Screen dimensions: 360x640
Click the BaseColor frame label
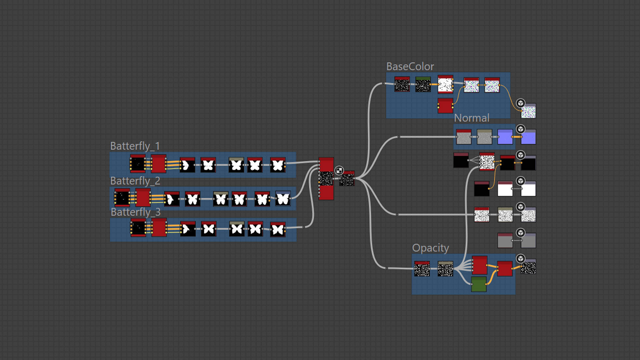pos(410,67)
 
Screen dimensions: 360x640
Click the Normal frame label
pos(471,118)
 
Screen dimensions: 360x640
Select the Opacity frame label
pos(430,248)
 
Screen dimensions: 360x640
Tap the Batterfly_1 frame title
pos(135,146)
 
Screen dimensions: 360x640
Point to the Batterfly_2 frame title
pos(135,181)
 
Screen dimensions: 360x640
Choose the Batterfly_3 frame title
pos(135,212)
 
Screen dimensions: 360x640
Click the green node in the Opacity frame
pos(479,284)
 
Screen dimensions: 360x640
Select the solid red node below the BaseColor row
pos(445,106)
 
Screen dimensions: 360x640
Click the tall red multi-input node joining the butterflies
pos(326,179)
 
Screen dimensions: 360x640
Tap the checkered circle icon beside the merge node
pos(339,171)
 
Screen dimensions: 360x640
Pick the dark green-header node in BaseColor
pos(423,84)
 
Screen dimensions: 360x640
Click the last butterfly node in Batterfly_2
pos(283,199)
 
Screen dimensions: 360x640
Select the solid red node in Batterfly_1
pos(159,164)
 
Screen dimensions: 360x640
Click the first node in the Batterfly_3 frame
pos(138,228)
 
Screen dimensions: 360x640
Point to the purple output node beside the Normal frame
pos(528,137)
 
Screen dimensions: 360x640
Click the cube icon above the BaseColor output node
pos(521,103)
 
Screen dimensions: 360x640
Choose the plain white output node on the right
pos(528,189)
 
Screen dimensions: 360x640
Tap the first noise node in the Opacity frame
pos(422,269)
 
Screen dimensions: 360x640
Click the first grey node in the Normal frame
pos(464,137)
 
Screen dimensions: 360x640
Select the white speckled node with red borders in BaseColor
pos(445,84)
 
